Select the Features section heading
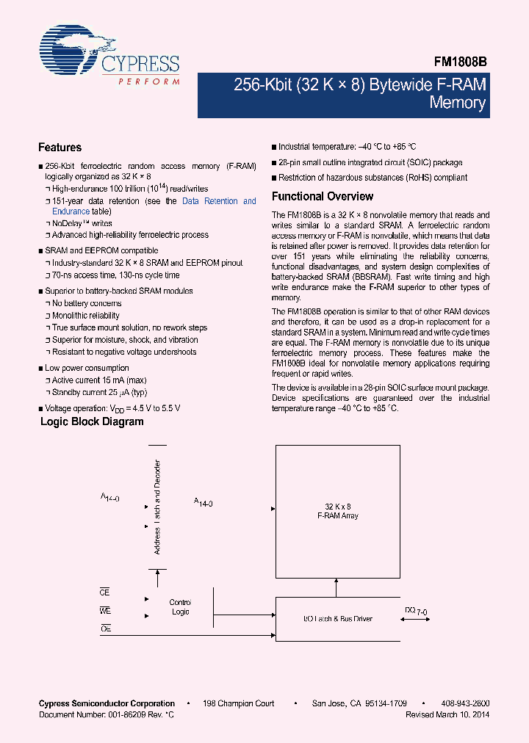click(x=60, y=148)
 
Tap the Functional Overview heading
click(x=323, y=197)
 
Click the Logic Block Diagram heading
click(x=92, y=422)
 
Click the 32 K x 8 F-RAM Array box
click(x=338, y=511)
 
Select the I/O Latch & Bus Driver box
click(x=338, y=619)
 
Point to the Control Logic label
click(x=180, y=607)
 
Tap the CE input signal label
click(x=105, y=592)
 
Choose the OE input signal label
click(x=105, y=629)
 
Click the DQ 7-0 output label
click(x=415, y=611)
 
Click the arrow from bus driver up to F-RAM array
click(x=338, y=587)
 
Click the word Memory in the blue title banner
click(x=458, y=103)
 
